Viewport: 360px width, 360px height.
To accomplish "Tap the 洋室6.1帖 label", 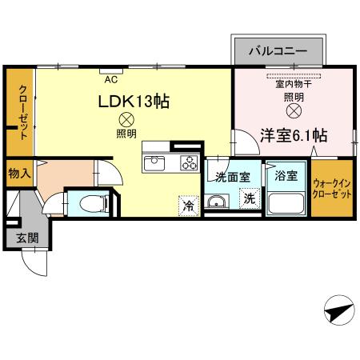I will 292,135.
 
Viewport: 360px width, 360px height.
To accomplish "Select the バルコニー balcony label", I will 277,50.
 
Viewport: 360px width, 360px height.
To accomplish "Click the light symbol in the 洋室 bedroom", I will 293,110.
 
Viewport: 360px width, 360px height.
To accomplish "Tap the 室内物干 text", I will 293,82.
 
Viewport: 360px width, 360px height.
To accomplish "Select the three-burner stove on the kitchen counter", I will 190,163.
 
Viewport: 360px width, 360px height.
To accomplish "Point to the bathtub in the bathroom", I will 286,204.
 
